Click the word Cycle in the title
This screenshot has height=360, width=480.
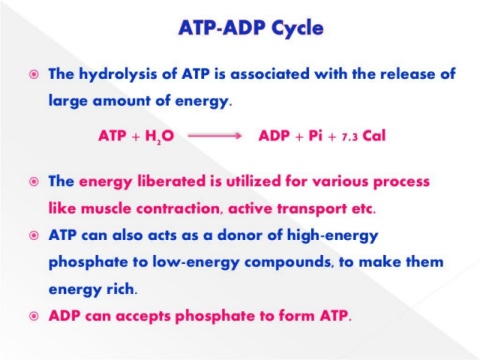(x=297, y=29)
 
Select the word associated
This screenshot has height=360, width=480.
(x=270, y=74)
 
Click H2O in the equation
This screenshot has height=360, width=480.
(x=159, y=136)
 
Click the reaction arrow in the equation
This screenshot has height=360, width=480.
(x=214, y=136)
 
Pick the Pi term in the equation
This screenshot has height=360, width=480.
(x=315, y=136)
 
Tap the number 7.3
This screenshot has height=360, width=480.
(x=350, y=137)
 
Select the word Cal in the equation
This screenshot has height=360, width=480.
(x=374, y=136)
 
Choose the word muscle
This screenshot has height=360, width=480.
(x=106, y=209)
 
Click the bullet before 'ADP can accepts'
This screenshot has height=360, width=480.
(x=34, y=316)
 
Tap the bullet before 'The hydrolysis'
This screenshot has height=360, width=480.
(x=34, y=74)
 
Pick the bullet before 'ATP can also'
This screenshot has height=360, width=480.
(x=34, y=236)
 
